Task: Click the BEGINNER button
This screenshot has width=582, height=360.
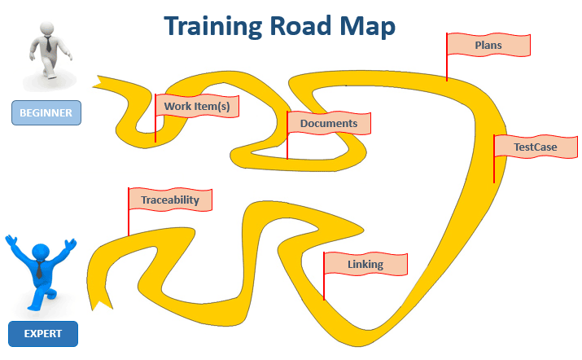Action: [x=46, y=112]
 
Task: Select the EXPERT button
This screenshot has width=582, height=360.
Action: [x=42, y=333]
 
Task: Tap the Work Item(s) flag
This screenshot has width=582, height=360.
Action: [x=196, y=107]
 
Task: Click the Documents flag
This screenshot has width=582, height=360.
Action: [x=329, y=123]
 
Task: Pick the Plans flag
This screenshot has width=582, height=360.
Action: [x=488, y=45]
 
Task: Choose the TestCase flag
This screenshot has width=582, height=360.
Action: [x=535, y=147]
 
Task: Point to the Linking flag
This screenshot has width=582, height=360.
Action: [x=365, y=265]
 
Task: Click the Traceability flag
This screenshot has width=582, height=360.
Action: [x=169, y=199]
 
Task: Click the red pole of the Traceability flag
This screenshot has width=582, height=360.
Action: [x=129, y=213]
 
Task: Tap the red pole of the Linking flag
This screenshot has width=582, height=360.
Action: [x=324, y=277]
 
